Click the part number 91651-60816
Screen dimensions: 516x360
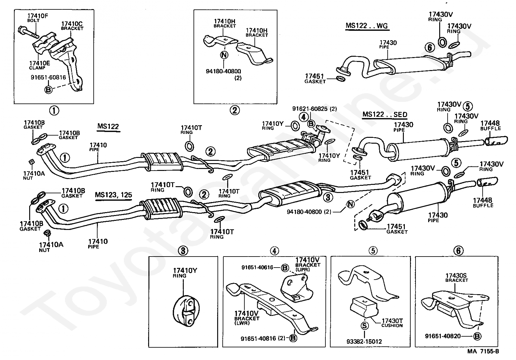pyautogui.click(x=48, y=78)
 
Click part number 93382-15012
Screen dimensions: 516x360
pyautogui.click(x=364, y=341)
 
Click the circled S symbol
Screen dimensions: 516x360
pyautogui.click(x=364, y=326)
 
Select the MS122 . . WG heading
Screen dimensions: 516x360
pyautogui.click(x=367, y=26)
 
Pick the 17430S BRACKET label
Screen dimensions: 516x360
pyautogui.click(x=456, y=278)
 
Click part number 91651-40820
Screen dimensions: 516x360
pyautogui.click(x=443, y=336)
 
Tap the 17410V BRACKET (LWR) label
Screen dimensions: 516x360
pyautogui.click(x=247, y=318)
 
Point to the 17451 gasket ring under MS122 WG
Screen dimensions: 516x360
pyautogui.click(x=341, y=79)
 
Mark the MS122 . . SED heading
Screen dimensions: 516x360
pyautogui.click(x=385, y=114)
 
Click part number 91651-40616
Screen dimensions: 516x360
pyautogui.click(x=257, y=267)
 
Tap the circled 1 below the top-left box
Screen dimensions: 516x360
pyautogui.click(x=54, y=111)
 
